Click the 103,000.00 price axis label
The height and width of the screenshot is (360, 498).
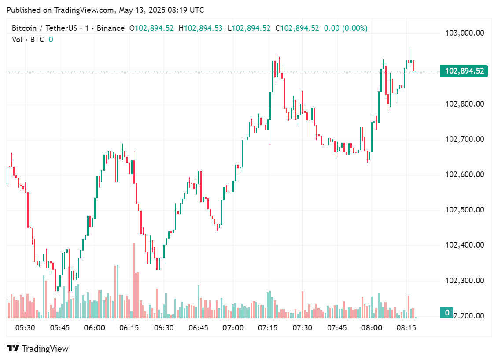[465, 33]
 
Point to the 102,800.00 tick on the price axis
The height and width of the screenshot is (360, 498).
[465, 104]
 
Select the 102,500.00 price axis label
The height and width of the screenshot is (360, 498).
[465, 210]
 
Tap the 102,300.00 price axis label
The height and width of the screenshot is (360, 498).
[465, 280]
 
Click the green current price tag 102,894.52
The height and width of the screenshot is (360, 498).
[464, 71]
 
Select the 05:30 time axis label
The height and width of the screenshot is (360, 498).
[25, 328]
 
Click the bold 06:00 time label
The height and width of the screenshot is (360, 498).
[94, 328]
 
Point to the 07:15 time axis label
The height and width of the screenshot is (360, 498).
[267, 328]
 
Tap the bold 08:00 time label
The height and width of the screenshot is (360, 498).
[371, 328]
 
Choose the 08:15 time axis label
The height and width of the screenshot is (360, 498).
[406, 328]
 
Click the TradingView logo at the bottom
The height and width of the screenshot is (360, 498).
[38, 349]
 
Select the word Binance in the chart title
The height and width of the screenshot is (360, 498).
[111, 28]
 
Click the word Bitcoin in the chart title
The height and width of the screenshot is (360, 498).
[25, 28]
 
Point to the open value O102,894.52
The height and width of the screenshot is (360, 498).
[151, 28]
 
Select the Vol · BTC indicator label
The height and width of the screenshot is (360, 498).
[28, 40]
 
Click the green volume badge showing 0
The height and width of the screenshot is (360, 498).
[447, 313]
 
